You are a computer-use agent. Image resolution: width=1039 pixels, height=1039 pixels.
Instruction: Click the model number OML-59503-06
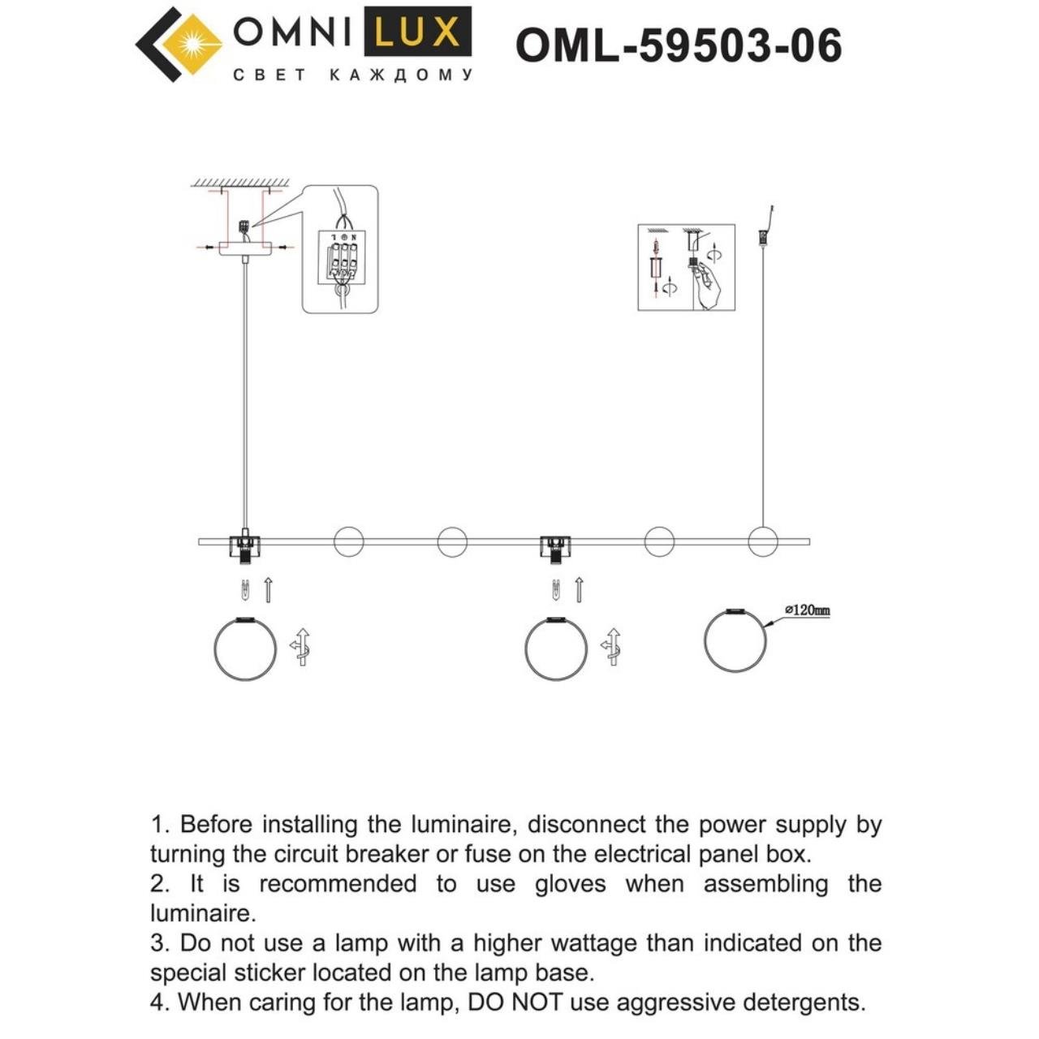click(x=679, y=45)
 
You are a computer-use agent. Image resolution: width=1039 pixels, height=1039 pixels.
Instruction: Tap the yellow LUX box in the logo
click(x=417, y=33)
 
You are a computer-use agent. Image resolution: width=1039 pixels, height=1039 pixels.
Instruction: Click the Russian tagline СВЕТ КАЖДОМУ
click(x=352, y=75)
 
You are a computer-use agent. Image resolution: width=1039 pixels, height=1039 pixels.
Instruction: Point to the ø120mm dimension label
click(x=807, y=610)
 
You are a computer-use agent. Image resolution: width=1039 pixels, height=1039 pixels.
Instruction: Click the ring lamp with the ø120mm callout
click(x=735, y=640)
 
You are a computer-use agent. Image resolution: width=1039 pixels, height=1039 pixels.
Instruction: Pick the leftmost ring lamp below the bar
click(x=244, y=649)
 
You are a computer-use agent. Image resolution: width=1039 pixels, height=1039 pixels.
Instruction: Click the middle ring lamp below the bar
click(x=556, y=649)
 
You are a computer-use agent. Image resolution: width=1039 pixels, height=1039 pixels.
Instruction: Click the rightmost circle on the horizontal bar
click(x=762, y=541)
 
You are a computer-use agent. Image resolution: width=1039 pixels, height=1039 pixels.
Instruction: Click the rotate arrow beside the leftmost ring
click(x=300, y=648)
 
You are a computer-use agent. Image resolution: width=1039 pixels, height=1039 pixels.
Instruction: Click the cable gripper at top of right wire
click(x=763, y=237)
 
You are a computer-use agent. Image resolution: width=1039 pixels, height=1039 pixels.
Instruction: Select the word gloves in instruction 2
click(x=570, y=884)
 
